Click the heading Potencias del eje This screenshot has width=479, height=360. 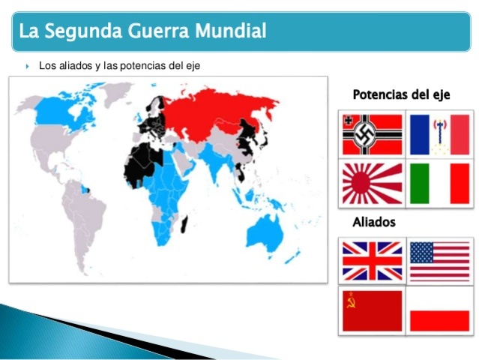click(401, 94)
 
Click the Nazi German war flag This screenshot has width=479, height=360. click(373, 134)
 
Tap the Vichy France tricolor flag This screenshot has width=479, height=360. click(440, 134)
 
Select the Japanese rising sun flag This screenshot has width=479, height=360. click(373, 183)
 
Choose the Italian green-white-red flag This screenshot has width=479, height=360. click(440, 183)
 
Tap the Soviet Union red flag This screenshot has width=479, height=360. click(373, 310)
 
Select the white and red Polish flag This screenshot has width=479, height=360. click(440, 310)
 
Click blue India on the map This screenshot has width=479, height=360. click(217, 161)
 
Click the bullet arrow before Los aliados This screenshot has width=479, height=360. click(28, 66)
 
